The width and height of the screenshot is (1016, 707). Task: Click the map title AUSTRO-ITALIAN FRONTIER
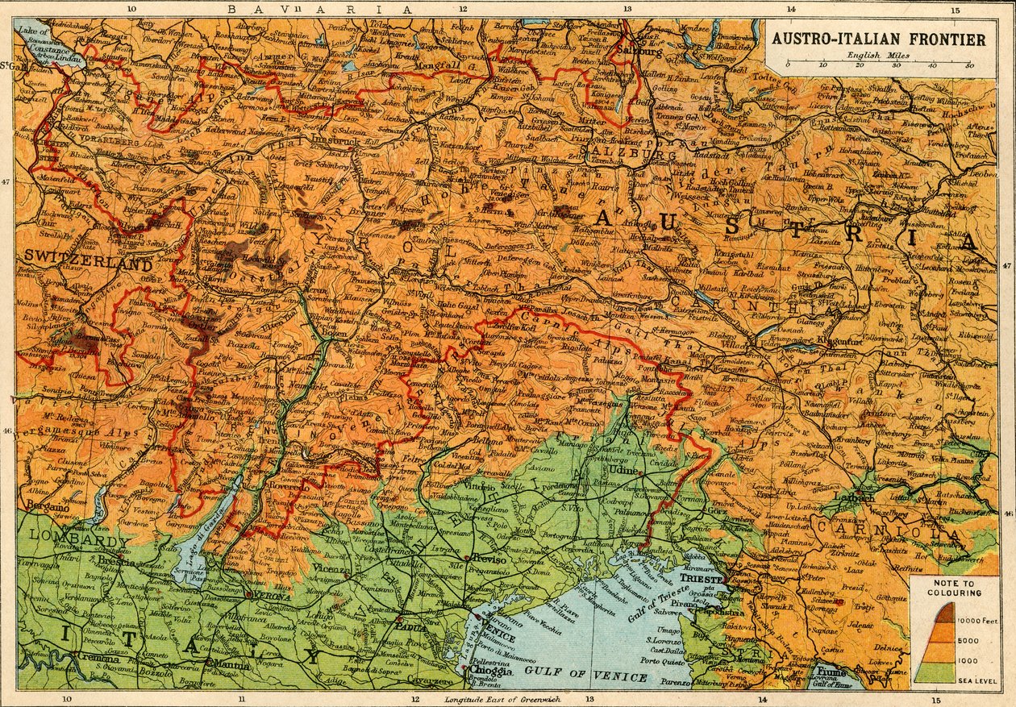[x=878, y=39]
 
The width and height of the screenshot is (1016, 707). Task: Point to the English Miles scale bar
[x=878, y=63]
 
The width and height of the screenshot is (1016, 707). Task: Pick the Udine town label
[x=631, y=469]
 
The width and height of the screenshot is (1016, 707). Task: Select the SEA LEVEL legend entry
[x=973, y=680]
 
